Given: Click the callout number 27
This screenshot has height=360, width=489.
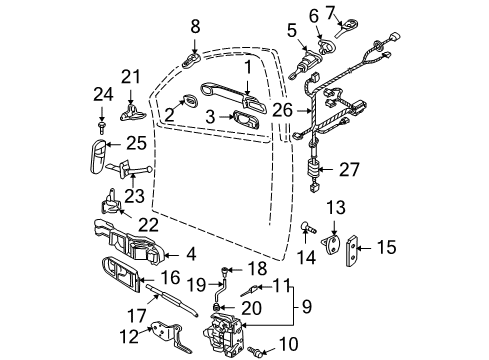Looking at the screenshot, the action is [x=349, y=169].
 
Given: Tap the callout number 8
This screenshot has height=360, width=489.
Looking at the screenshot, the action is [x=195, y=26].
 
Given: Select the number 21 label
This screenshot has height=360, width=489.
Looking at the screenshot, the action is [x=131, y=77].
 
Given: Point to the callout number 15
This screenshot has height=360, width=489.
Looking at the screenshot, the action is [x=387, y=247].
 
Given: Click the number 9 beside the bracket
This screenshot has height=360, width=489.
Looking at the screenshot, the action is [x=307, y=306].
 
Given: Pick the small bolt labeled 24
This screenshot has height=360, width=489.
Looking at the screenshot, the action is [x=101, y=127].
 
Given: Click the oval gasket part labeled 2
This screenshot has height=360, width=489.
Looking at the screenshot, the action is [x=190, y=100].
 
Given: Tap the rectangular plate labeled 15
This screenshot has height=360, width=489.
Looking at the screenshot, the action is [x=352, y=251].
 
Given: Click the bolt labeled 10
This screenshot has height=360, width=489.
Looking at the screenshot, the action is [x=255, y=350].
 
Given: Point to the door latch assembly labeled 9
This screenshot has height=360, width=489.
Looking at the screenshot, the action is [x=223, y=333].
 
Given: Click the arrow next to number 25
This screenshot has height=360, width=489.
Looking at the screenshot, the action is [x=113, y=144].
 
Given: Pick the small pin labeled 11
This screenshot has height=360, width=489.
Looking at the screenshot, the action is [x=249, y=291].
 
